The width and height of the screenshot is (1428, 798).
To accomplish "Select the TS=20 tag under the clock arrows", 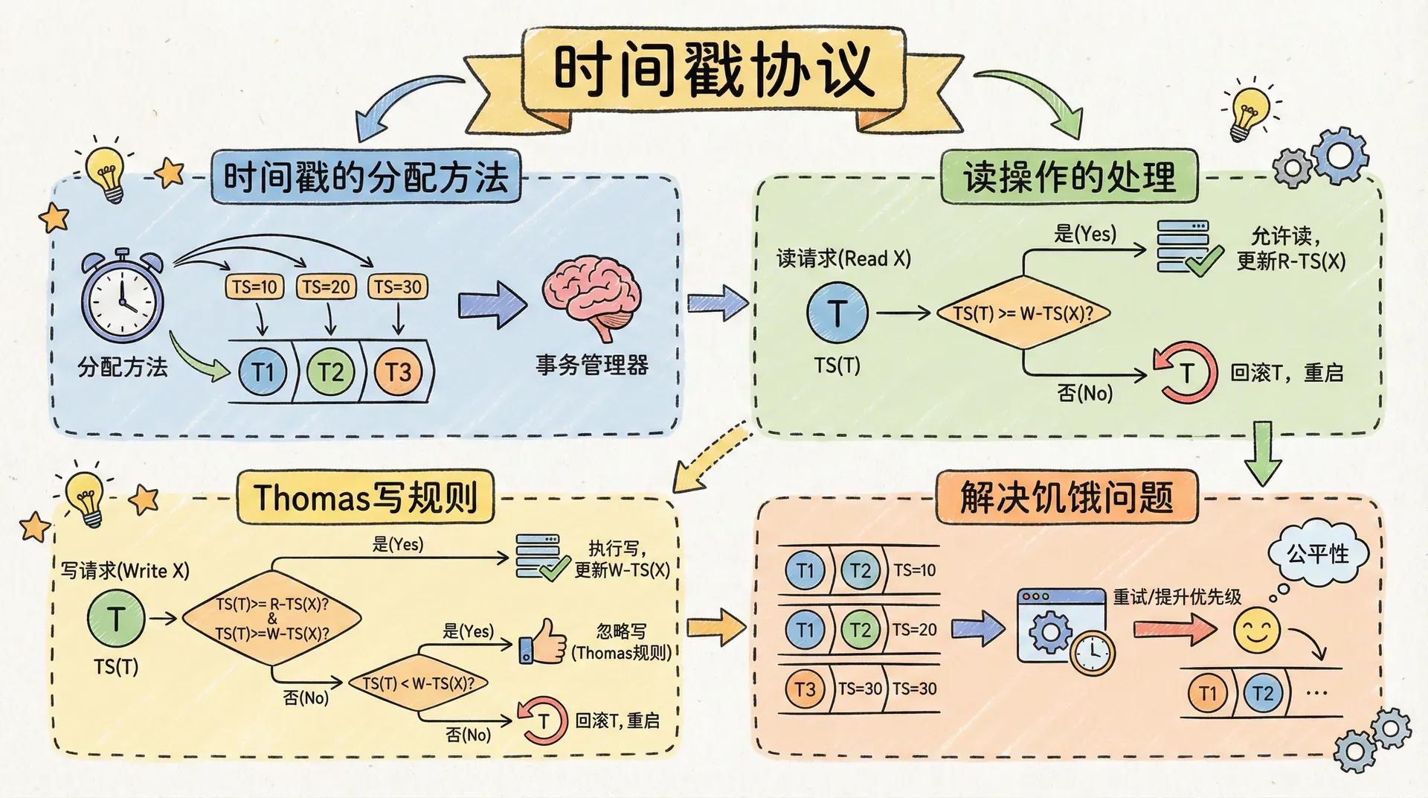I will (x=326, y=287).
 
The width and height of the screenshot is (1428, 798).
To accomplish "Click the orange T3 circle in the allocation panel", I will (x=397, y=371).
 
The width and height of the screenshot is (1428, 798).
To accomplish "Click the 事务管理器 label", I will (x=592, y=365).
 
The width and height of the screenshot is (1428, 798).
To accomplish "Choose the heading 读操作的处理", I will (x=1069, y=177).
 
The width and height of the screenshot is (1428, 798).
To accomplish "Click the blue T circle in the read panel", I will (x=837, y=313).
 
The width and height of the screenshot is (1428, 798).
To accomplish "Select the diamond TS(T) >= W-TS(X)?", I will (x=1023, y=313).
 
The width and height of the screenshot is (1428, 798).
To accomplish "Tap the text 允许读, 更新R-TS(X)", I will (x=1290, y=249).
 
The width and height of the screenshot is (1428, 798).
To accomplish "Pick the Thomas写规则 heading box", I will (x=365, y=497).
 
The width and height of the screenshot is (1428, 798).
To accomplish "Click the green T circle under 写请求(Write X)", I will (x=116, y=618).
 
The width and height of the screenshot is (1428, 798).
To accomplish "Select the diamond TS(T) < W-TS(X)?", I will (x=418, y=683).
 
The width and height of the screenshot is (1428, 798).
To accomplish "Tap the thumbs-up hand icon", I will (x=543, y=642).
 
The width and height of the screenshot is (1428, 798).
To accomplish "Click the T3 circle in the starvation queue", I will (x=805, y=689).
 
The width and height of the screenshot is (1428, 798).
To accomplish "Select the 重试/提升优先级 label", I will (x=1177, y=596).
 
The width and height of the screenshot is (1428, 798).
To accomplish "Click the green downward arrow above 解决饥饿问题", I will (x=1262, y=453).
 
